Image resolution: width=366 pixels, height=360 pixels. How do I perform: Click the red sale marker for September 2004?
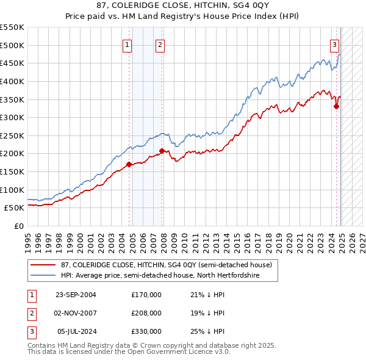(x=129, y=164)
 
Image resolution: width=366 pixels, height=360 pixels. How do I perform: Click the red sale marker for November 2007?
(x=162, y=151)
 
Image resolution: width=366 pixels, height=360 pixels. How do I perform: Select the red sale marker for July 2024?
(x=336, y=106)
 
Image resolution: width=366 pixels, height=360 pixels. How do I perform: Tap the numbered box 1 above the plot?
(x=127, y=44)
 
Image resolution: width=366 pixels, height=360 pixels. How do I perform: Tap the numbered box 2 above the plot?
(x=160, y=44)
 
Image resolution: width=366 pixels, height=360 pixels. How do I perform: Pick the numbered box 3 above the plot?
(x=335, y=44)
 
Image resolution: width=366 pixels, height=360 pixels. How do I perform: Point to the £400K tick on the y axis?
(x=12, y=81)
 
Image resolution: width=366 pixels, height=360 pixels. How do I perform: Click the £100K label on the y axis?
(x=12, y=190)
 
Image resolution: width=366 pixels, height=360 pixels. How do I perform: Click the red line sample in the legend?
(x=43, y=265)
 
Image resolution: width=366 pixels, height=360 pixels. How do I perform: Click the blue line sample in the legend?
(x=43, y=276)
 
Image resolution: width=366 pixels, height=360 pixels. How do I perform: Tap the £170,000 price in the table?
(x=146, y=295)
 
